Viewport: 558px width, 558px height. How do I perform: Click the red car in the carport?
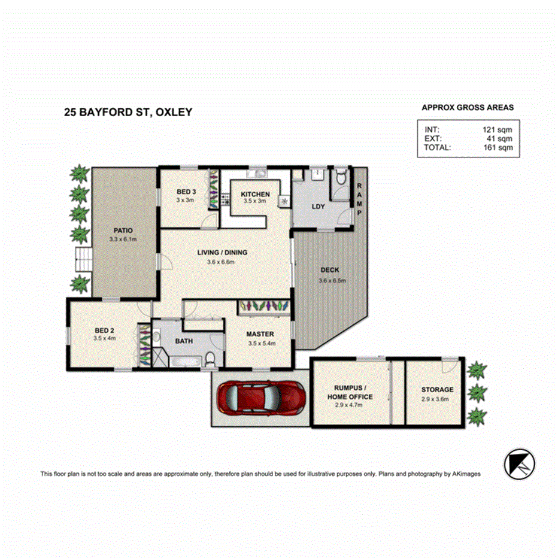[259, 397]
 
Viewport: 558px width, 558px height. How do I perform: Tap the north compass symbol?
[518, 462]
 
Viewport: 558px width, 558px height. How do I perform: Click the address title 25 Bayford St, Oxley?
[128, 111]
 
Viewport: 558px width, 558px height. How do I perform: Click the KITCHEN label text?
[255, 195]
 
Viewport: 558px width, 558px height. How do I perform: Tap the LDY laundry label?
[318, 207]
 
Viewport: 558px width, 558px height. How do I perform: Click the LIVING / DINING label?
[222, 253]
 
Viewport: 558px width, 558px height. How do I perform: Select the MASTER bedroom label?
[260, 334]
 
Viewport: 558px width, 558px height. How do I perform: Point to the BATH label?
[183, 341]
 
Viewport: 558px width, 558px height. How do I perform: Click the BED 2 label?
[104, 330]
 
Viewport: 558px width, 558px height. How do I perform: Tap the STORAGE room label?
[437, 390]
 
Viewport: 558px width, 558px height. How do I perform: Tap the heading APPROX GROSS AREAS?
[468, 108]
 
